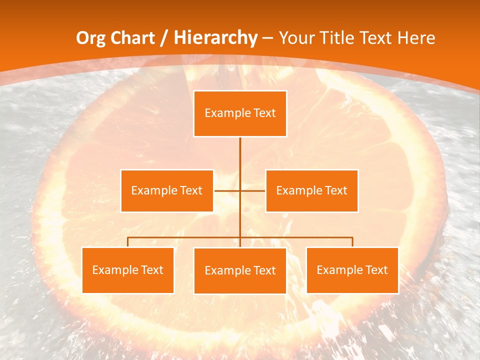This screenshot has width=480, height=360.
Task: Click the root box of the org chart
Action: click(x=240, y=113)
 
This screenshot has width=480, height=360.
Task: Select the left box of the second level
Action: click(x=167, y=190)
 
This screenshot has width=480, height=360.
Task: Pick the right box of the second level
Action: click(x=311, y=190)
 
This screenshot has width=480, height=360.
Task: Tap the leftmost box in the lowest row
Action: click(x=128, y=270)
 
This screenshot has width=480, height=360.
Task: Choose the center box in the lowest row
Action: click(x=240, y=270)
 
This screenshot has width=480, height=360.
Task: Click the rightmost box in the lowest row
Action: click(x=352, y=270)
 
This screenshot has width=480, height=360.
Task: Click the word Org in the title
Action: click(x=91, y=38)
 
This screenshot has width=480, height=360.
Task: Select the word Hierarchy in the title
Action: click(x=215, y=38)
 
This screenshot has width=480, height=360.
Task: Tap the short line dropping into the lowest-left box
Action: click(x=128, y=242)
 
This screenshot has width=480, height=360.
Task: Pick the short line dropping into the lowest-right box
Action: click(x=352, y=242)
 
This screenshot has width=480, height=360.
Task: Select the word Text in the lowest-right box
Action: click(x=375, y=270)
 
